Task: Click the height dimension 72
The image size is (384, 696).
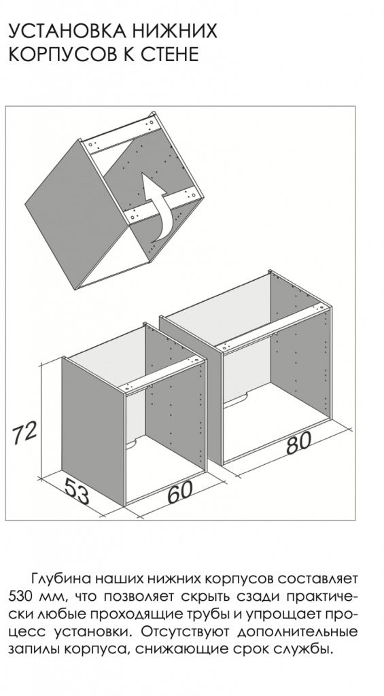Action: click(24, 433)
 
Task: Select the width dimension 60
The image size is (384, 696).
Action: click(181, 491)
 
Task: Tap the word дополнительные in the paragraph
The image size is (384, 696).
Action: click(298, 631)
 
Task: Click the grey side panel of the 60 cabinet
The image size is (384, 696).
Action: click(94, 430)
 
